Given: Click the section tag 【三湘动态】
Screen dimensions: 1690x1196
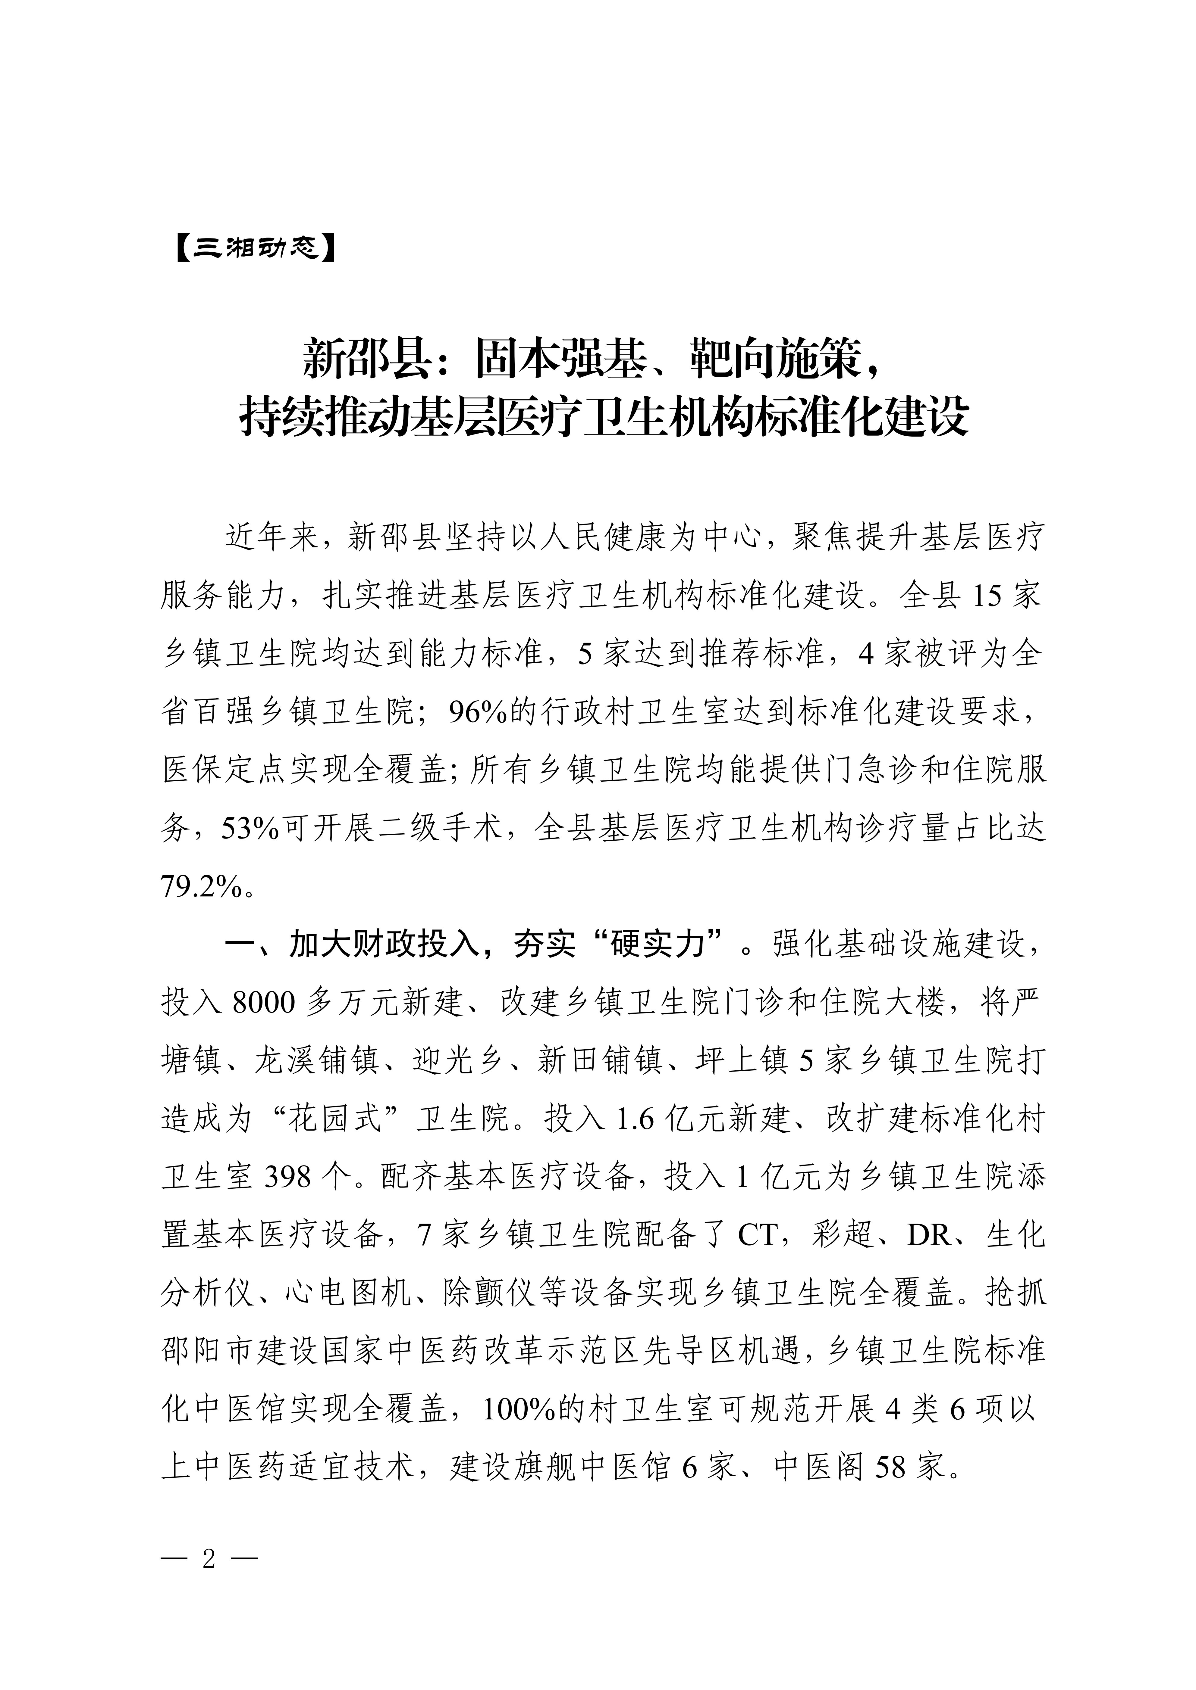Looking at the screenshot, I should pos(254,249).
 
